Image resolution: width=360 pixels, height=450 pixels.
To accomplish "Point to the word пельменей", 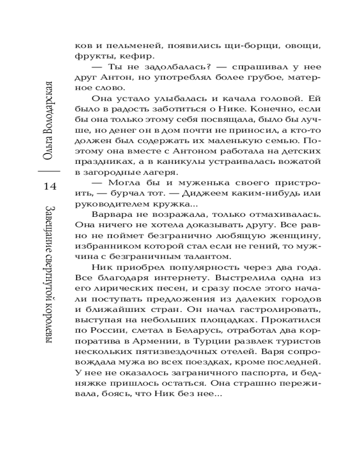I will coord(122,46).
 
